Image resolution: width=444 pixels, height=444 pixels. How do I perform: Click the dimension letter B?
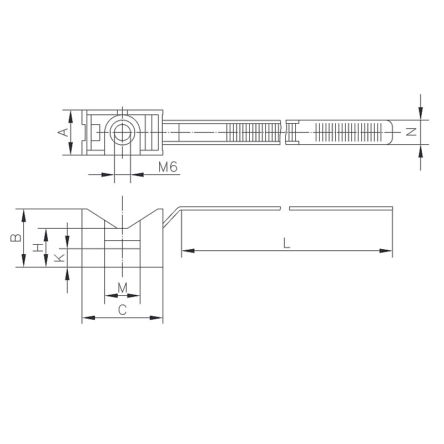(x=16, y=238)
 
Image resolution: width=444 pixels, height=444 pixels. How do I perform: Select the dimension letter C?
(x=122, y=310)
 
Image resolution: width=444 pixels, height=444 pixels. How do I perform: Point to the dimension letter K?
(x=59, y=258)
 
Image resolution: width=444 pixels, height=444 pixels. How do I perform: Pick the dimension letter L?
(x=286, y=243)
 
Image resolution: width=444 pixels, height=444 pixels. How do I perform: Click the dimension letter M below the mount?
(x=122, y=288)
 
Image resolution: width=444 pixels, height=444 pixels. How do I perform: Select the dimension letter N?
(x=411, y=132)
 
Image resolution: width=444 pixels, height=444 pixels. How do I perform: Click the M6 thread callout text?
(x=168, y=167)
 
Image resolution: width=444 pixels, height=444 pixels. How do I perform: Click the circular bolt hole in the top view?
(x=122, y=132)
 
